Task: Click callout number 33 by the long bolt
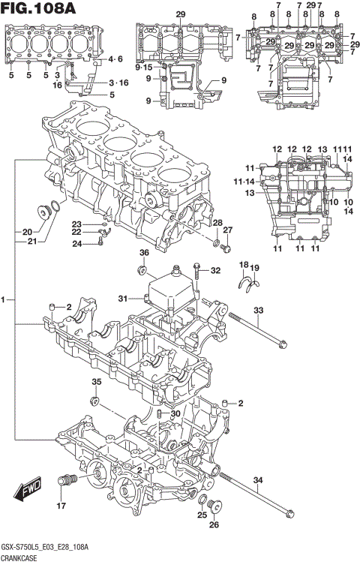[x=258, y=311]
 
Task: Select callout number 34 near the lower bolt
[x=258, y=480]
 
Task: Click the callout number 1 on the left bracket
[x=4, y=300]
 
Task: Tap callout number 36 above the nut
[x=144, y=254]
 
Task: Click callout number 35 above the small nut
[x=95, y=383]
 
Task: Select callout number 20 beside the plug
[x=26, y=231]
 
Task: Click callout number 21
[x=31, y=242]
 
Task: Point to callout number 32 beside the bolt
[x=216, y=271]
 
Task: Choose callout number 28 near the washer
[x=217, y=223]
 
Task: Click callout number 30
[x=175, y=415]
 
